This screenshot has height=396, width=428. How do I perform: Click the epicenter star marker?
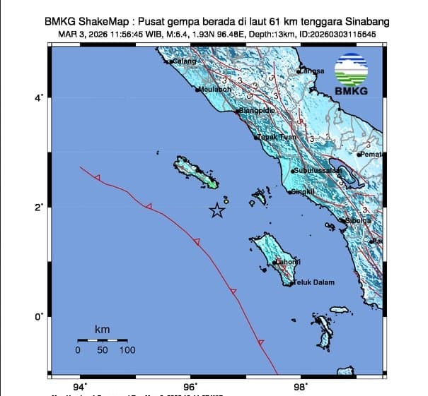(217, 210)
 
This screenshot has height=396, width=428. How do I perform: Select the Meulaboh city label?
(213, 90)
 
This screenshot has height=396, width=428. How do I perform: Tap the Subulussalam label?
(313, 170)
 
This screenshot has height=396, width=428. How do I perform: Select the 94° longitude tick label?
(80, 386)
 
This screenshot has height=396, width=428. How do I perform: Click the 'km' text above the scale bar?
(102, 330)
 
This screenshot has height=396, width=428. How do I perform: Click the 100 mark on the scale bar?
(127, 350)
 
